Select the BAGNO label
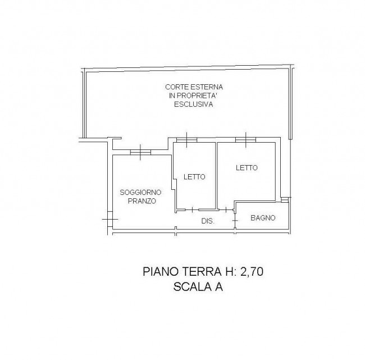click(x=262, y=217)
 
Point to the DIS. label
click(x=208, y=221)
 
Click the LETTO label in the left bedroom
click(x=194, y=176)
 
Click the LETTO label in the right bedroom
click(x=247, y=167)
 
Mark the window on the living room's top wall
click(x=140, y=152)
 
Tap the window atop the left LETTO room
click(x=186, y=139)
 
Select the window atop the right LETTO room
click(x=245, y=139)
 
